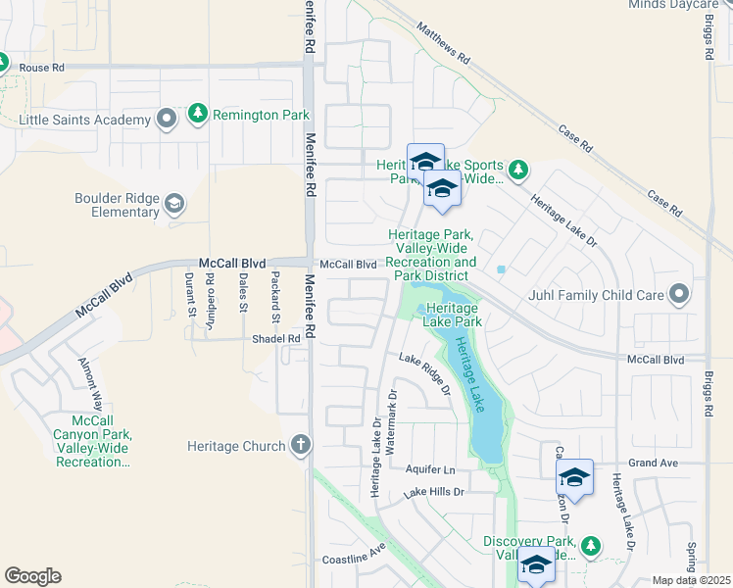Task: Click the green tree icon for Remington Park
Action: point(199,115)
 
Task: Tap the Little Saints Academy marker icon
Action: point(167,121)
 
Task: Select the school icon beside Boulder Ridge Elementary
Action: point(173,204)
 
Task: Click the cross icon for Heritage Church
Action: point(300,446)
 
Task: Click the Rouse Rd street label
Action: point(41,68)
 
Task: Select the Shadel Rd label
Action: point(275,339)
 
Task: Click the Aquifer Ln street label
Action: point(430,470)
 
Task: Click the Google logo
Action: point(32,576)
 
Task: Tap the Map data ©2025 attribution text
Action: point(691,580)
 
